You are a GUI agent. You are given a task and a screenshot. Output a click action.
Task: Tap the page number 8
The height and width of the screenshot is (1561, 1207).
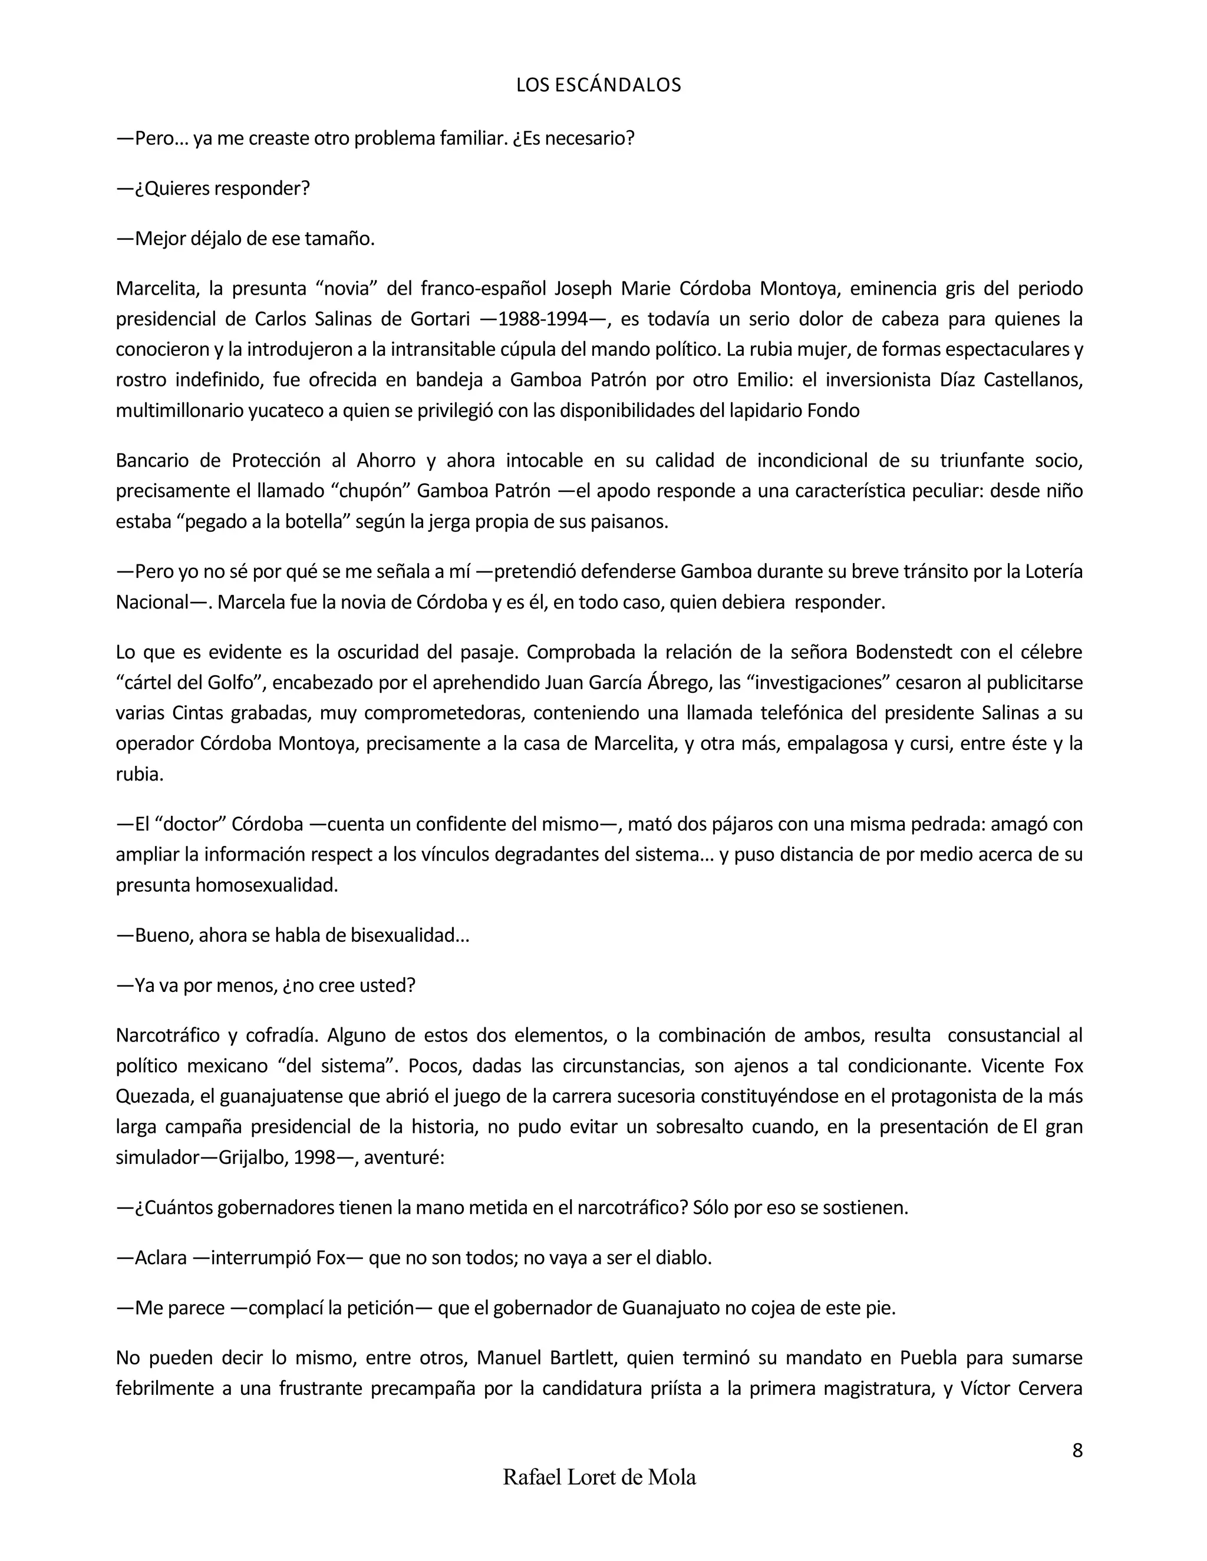(x=1077, y=1450)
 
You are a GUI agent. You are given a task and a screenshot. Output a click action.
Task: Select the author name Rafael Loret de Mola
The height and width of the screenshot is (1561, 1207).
(x=599, y=1477)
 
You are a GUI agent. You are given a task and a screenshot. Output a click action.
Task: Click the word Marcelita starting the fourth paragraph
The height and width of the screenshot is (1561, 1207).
(x=157, y=289)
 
